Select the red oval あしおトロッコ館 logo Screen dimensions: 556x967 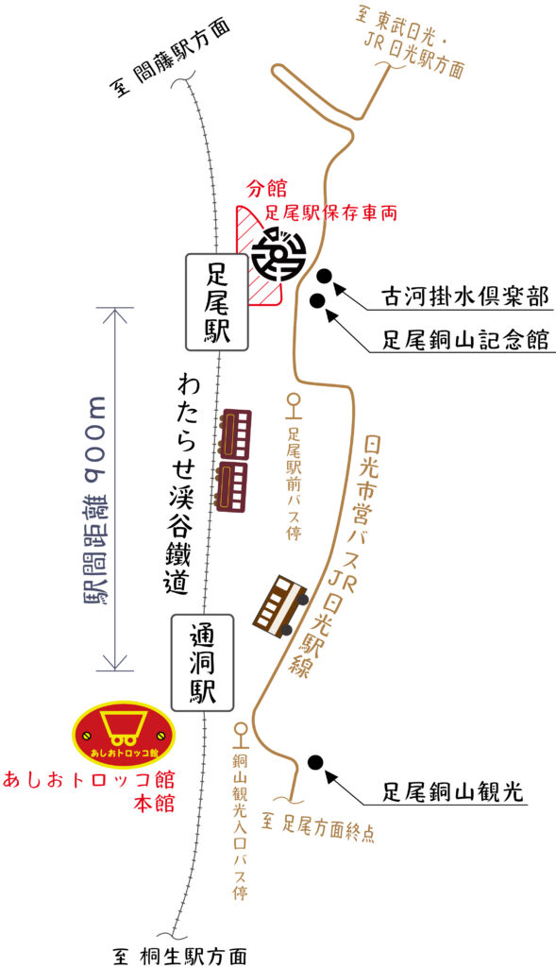pyautogui.click(x=124, y=734)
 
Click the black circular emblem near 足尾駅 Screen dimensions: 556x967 pyautogui.click(x=280, y=256)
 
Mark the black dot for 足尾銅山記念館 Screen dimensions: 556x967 pyautogui.click(x=318, y=301)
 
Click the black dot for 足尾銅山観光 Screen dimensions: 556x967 pyautogui.click(x=315, y=762)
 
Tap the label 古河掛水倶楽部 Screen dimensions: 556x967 pyautogui.click(x=464, y=297)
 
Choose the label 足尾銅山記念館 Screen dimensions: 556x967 pyautogui.click(x=464, y=339)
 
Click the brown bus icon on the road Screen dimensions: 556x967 pyautogui.click(x=280, y=607)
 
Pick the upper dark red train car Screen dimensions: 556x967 pyautogui.click(x=233, y=434)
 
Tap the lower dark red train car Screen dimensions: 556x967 pyautogui.click(x=231, y=486)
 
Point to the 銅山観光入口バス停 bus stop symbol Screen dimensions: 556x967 pyautogui.click(x=240, y=733)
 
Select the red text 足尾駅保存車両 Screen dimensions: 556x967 pyautogui.click(x=331, y=213)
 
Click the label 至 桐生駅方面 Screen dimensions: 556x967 pyautogui.click(x=180, y=956)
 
